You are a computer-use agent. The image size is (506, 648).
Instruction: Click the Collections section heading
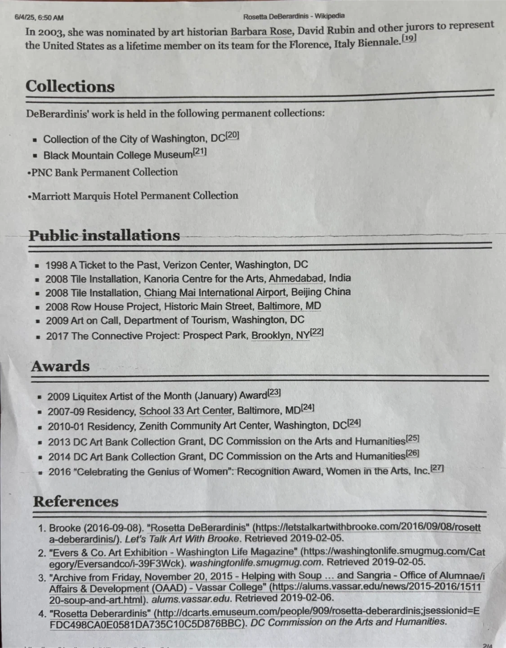pos(70,86)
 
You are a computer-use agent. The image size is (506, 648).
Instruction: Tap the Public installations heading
pos(104,235)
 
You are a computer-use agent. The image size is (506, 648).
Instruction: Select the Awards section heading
pos(60,366)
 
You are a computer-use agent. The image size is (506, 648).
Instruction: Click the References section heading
pos(76,501)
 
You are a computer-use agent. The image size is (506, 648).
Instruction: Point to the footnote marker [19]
pos(409,38)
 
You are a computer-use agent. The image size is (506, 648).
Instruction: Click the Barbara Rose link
pos(261,31)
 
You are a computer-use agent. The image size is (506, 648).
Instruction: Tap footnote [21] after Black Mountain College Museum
pos(200,152)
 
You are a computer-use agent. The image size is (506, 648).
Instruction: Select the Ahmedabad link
pos(296,278)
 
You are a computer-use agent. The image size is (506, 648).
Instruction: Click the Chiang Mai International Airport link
pos(215,292)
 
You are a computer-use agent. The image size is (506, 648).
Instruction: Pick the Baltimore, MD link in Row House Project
pos(289,306)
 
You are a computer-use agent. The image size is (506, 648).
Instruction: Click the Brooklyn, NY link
pos(280,335)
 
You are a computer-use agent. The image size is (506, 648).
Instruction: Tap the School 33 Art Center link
pos(186,411)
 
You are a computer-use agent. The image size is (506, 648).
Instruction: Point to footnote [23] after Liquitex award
pos(274,392)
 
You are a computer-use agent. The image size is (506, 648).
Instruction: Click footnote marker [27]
pos(437,468)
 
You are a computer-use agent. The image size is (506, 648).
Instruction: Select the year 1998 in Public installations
pos(56,265)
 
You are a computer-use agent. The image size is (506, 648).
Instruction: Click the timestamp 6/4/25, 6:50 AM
pos(39,18)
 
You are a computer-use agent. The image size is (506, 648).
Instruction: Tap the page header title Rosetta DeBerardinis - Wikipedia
pos(294,17)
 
